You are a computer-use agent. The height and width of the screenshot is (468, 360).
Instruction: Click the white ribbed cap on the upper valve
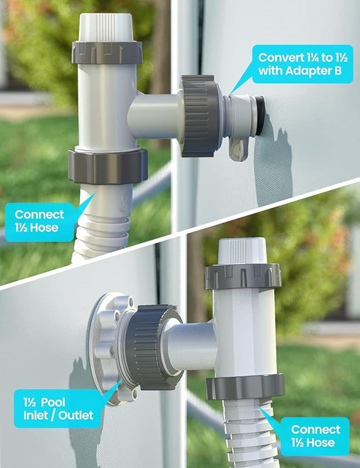tap(106, 27)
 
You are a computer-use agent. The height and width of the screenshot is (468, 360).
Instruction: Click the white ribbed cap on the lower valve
tap(242, 251)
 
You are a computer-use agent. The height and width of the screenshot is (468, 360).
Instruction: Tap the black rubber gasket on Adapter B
tap(260, 115)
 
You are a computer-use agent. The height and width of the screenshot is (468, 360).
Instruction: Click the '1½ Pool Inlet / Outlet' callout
tap(59, 409)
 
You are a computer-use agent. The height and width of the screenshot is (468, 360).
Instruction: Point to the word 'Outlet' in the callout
tap(76, 415)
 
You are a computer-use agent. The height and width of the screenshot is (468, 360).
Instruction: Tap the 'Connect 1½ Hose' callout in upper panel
tap(39, 222)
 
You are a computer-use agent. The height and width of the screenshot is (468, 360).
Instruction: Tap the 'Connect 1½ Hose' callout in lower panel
tap(314, 436)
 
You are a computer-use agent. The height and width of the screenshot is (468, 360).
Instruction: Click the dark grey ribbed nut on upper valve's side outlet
tap(201, 115)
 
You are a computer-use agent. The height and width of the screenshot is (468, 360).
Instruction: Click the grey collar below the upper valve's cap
tap(107, 52)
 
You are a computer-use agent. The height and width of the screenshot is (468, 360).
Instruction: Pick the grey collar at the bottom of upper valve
tap(108, 166)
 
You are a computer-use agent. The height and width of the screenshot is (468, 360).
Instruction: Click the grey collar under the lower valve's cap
tap(242, 276)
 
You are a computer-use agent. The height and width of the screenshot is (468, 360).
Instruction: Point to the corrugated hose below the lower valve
tap(251, 434)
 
